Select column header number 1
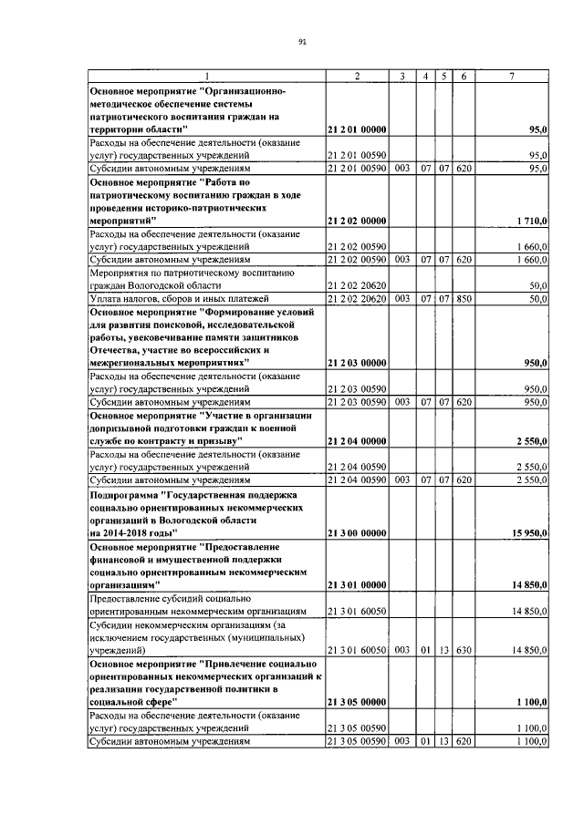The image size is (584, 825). [206, 77]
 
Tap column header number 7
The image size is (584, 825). [512, 77]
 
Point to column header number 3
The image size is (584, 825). [401, 77]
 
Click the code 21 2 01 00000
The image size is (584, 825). [356, 130]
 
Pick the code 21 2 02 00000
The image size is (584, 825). [356, 221]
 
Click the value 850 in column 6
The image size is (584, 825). [464, 298]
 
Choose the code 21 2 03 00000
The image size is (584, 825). [356, 363]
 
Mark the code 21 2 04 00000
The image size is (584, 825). [356, 440]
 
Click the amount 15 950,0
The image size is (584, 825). [527, 531]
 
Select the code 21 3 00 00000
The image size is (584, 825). [356, 531]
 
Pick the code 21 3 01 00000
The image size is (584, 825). [356, 583]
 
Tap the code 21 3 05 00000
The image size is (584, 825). [356, 703]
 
